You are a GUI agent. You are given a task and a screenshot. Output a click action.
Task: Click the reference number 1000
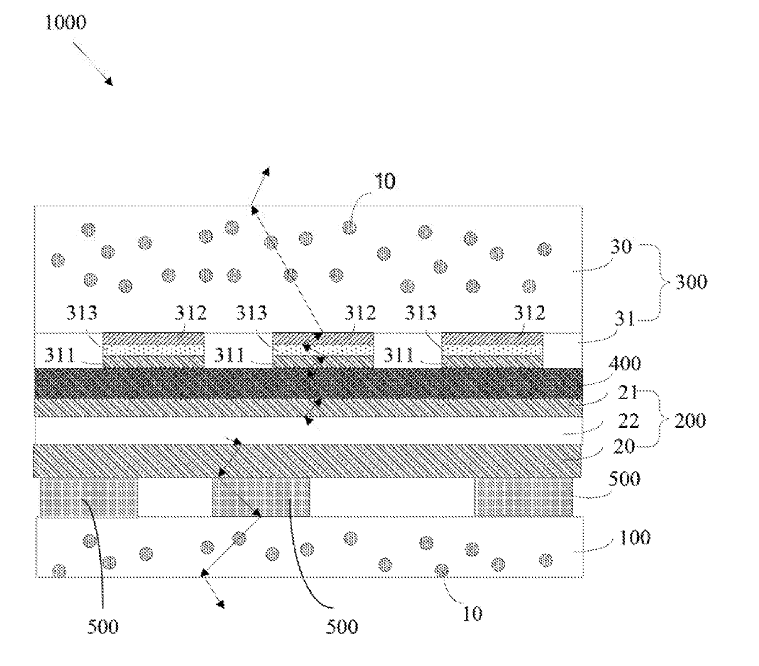coord(65,23)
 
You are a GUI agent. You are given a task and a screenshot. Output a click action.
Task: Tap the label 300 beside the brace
coord(690,282)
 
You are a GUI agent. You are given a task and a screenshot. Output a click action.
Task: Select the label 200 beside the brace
coord(689,421)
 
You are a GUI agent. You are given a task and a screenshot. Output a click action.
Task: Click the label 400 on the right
coord(626,364)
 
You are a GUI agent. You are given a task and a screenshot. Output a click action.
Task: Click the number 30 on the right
coord(621,247)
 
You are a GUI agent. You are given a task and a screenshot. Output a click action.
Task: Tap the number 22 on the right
coord(628,420)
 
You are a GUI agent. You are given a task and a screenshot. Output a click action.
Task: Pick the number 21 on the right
coord(627,392)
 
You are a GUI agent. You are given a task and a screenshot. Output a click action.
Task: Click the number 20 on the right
coord(624,447)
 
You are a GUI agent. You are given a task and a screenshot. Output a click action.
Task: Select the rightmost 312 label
coord(528,313)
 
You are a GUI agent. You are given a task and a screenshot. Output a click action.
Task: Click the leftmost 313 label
coord(81,313)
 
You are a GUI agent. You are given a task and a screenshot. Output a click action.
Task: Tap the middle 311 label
coord(230,354)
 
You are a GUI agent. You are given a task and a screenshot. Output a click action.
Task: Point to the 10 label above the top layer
coord(384,181)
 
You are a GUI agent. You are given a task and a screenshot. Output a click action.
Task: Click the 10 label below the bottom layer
coord(472,613)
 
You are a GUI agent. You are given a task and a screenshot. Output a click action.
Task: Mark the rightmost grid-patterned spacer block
coord(523,497)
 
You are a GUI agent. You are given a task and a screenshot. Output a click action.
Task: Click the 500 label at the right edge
coord(624,478)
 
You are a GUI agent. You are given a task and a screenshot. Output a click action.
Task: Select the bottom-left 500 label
coord(103,626)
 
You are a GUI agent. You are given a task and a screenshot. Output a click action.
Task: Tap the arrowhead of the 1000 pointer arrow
coord(110,83)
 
